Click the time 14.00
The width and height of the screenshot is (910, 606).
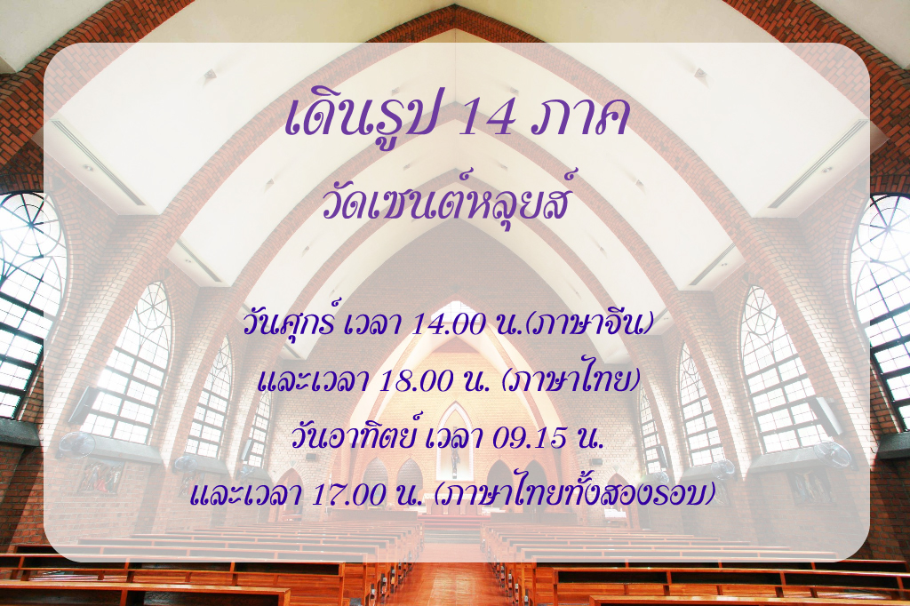pos(448,324)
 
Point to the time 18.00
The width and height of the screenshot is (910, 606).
pos(415,381)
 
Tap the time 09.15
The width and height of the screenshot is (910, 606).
pos(530,438)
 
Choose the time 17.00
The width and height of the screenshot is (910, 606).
pos(348,495)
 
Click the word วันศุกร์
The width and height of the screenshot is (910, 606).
pos(290,323)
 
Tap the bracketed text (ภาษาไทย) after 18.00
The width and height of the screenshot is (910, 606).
pos(571,380)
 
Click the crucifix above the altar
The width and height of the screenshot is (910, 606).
pos(455,458)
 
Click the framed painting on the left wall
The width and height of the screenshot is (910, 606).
pos(100,477)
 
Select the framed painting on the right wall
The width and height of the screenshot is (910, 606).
pos(810,485)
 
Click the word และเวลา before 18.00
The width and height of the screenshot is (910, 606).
pos(314,381)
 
